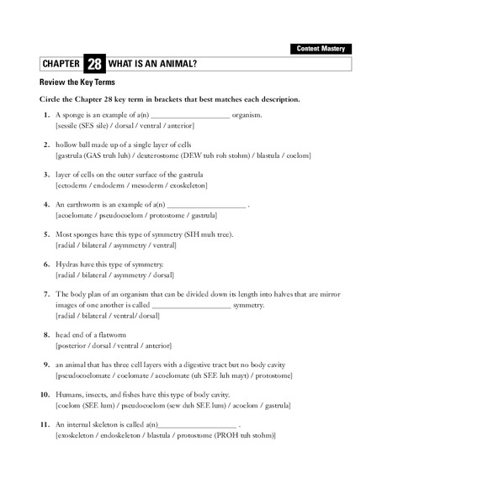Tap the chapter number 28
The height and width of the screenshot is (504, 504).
pyautogui.click(x=94, y=65)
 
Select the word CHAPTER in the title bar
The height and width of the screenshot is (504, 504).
pyautogui.click(x=60, y=65)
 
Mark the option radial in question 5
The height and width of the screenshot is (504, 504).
pyautogui.click(x=66, y=245)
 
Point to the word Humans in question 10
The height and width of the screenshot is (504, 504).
pyautogui.click(x=69, y=395)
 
